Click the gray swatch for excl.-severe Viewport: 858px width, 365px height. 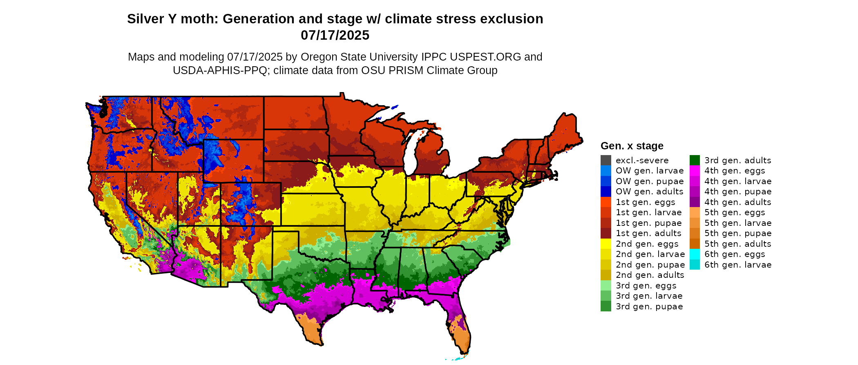[606, 160]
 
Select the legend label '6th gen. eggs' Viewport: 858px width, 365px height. [735, 254]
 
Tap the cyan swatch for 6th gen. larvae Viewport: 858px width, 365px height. [695, 265]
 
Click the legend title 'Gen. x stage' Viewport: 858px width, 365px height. [632, 146]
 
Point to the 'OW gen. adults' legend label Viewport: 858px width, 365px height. [649, 192]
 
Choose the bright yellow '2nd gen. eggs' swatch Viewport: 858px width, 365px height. [606, 244]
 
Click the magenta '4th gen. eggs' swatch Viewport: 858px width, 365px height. [695, 171]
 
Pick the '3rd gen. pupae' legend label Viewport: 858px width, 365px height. [649, 306]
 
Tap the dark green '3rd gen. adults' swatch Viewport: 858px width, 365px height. [695, 160]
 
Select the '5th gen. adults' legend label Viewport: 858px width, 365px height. [737, 244]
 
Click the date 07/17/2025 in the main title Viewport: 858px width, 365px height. [335, 35]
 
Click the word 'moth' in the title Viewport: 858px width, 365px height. [199, 19]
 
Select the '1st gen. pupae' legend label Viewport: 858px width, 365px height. [648, 223]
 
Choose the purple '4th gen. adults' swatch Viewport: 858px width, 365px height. [695, 202]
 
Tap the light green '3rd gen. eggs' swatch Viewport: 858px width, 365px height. [606, 286]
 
